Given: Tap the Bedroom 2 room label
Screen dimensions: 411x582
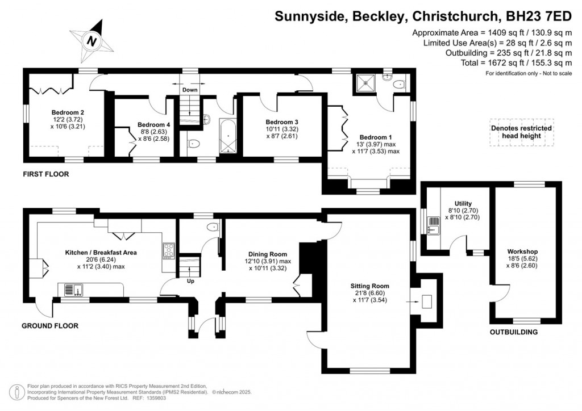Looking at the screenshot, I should click(68, 112).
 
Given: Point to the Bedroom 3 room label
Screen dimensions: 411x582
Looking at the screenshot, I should click(282, 122).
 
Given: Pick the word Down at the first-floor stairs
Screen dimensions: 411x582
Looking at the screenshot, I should click(190, 90).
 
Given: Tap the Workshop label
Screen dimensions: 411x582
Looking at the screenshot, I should click(523, 251).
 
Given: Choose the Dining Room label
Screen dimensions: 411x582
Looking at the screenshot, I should click(268, 254).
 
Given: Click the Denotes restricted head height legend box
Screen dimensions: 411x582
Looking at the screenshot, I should click(521, 132).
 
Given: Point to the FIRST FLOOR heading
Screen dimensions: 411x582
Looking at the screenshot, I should click(45, 174).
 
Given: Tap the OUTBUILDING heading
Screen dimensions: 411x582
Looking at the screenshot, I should click(513, 333).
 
